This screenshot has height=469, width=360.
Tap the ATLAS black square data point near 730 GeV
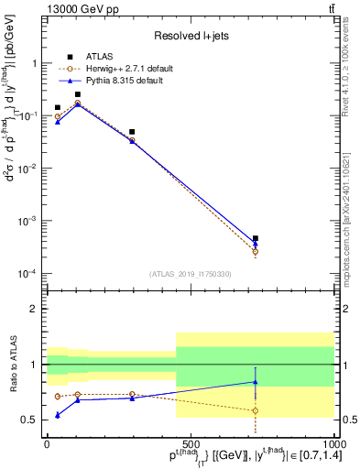pyautogui.click(x=256, y=238)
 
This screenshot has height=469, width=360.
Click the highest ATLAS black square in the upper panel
pyautogui.click(x=78, y=94)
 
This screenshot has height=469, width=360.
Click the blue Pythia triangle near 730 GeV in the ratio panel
pyautogui.click(x=256, y=382)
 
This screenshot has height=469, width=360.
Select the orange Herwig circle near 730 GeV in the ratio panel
pyautogui.click(x=256, y=410)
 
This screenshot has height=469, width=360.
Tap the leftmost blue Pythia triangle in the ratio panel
pyautogui.click(x=58, y=415)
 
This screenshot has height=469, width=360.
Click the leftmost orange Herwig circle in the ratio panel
pyautogui.click(x=58, y=397)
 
